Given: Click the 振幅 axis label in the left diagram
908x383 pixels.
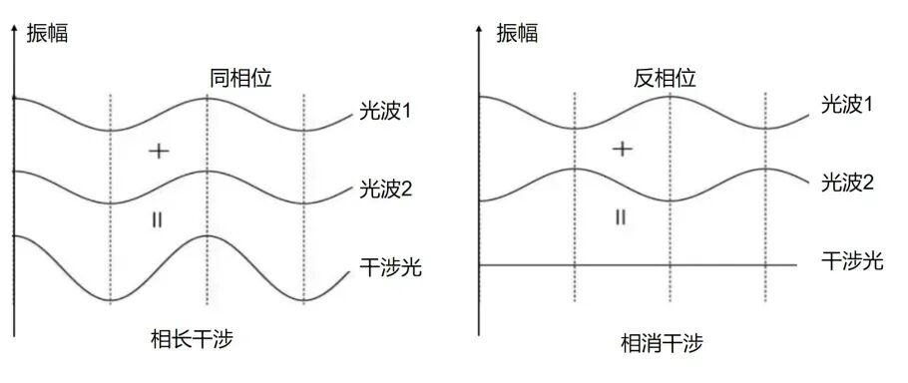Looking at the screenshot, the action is [48, 32].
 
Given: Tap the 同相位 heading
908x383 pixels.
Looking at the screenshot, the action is [240, 78].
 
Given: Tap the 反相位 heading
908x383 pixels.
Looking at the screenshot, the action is [665, 78].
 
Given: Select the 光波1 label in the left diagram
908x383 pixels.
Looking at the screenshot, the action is [385, 111].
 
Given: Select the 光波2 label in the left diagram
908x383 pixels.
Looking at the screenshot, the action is [385, 190].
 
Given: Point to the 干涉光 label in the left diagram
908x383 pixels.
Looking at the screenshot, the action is [385, 268].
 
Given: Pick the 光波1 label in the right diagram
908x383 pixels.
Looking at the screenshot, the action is [848, 104].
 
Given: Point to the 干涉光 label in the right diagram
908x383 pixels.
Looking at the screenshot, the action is [852, 261].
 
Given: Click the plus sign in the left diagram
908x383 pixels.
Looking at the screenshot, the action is [158, 151].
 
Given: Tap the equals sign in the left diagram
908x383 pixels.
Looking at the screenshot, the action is [157, 218].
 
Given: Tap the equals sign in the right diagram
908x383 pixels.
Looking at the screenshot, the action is [621, 216].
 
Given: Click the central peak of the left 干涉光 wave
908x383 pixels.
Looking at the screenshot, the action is [207, 236].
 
